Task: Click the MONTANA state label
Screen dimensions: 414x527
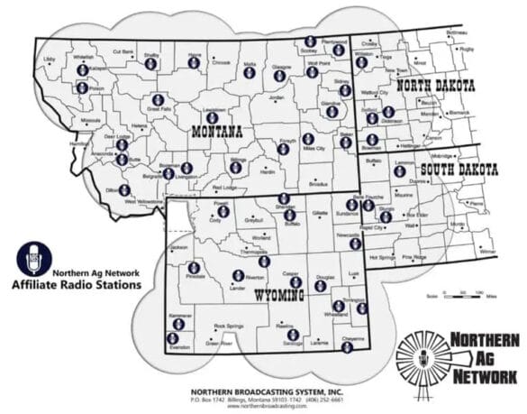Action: [x=217, y=132]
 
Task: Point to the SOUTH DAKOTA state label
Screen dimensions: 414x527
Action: [x=459, y=170]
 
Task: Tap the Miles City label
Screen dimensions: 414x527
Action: [x=313, y=148]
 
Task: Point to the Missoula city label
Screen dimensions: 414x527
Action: [x=91, y=119]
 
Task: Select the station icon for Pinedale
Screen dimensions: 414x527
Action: [x=194, y=267]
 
